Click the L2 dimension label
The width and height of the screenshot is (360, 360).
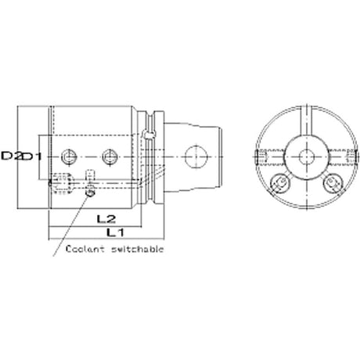point(106,219)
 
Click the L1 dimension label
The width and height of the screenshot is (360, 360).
point(116,232)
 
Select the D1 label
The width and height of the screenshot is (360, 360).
point(31,157)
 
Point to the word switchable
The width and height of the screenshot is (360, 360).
point(138,249)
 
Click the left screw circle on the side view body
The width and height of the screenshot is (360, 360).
point(68,157)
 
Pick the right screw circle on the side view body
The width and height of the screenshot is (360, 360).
point(110,157)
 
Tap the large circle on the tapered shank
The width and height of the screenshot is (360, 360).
point(196,157)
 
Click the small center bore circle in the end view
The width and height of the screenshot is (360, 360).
point(306,157)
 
